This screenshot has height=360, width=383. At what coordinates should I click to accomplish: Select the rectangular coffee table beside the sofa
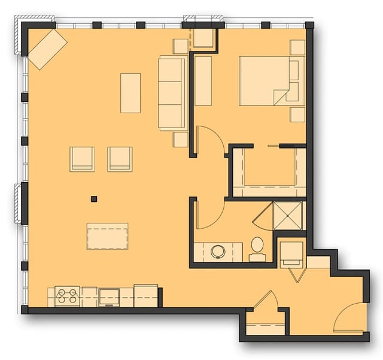(130, 93)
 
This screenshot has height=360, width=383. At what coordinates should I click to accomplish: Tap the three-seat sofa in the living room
(172, 92)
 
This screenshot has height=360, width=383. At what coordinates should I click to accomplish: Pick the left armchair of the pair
(83, 159)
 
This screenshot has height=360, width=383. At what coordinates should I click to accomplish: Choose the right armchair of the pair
(120, 159)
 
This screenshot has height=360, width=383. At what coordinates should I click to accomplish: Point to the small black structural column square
(94, 199)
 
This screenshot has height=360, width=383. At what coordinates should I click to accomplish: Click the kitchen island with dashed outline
(107, 236)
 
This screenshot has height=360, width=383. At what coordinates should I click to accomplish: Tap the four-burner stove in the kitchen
(67, 296)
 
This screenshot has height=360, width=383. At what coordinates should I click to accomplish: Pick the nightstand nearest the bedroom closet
(297, 114)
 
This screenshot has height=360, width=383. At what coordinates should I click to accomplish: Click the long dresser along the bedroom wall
(203, 81)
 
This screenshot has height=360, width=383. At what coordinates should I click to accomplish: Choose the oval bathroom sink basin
(218, 252)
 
